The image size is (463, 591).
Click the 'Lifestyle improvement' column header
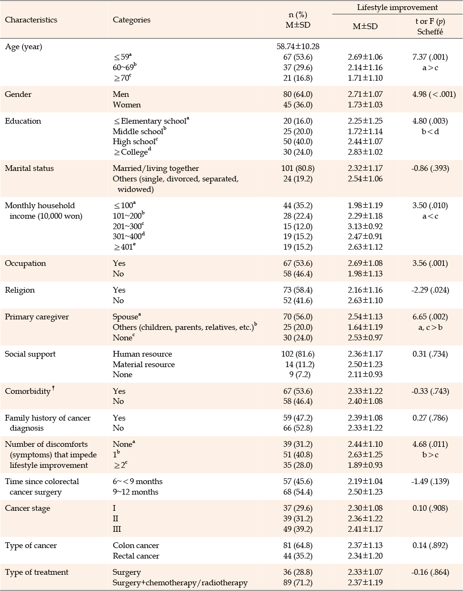(x=398, y=7)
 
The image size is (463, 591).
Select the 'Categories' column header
(x=131, y=20)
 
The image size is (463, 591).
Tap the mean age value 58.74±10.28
(x=298, y=46)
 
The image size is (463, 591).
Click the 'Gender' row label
(x=18, y=94)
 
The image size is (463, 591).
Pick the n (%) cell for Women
(x=298, y=105)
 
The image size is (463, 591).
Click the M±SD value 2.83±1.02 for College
(x=365, y=152)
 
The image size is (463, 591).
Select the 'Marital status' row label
(x=30, y=169)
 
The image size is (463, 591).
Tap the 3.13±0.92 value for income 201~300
(x=365, y=226)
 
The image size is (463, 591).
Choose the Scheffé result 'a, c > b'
(x=430, y=327)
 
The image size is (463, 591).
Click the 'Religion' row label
(x=20, y=290)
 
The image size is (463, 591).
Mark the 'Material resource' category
(x=144, y=364)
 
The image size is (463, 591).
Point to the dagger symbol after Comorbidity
(x=54, y=388)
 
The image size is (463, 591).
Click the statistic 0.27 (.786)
(x=430, y=418)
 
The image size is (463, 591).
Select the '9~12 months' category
(x=136, y=492)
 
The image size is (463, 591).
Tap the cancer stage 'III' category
(x=117, y=529)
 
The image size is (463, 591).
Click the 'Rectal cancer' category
(x=136, y=556)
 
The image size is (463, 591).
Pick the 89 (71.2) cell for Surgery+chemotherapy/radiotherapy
(x=298, y=582)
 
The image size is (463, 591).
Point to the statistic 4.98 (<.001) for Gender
(x=434, y=94)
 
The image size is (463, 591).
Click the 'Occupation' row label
(x=25, y=263)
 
